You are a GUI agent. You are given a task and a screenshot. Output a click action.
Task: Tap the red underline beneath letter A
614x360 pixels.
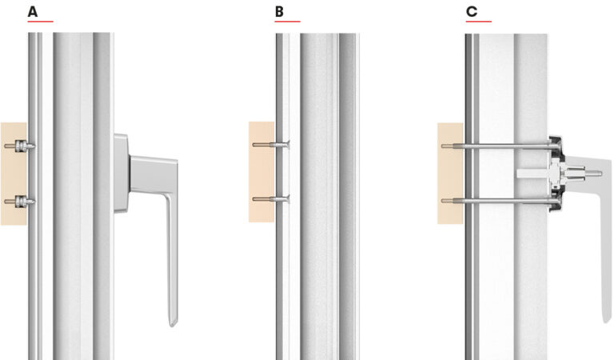coord(40,22)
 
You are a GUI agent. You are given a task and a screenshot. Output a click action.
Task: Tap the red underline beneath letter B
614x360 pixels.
coord(287,22)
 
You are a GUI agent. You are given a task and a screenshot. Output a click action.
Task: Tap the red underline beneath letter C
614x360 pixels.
coord(478,22)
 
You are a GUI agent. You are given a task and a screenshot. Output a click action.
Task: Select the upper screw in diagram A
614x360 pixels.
coord(19,146)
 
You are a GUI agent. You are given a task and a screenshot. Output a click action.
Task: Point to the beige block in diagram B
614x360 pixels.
coord(261,172)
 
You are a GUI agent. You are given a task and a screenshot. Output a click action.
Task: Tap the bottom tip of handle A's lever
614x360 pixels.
coord(173,322)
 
